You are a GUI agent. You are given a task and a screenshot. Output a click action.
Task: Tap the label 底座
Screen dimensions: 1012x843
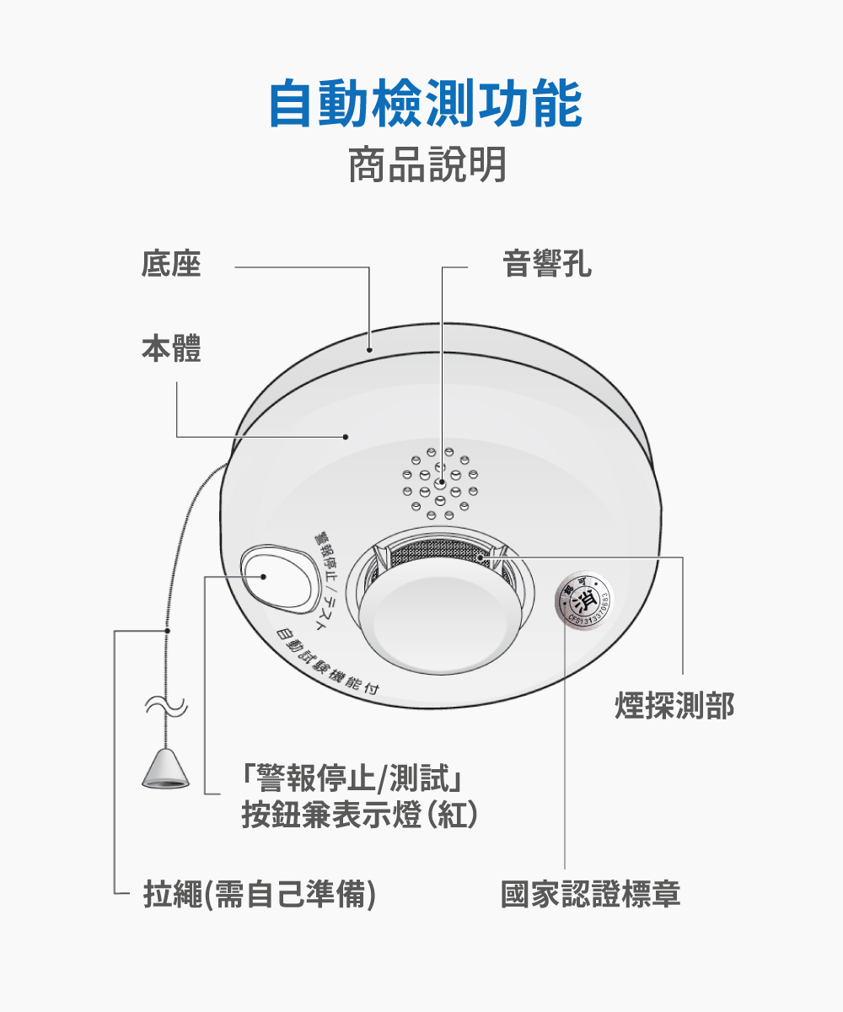pos(171,264)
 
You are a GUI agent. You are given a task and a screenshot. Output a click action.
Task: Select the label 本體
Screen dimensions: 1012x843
pos(171,348)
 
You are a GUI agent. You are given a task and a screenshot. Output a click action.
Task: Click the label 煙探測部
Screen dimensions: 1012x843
pos(674,706)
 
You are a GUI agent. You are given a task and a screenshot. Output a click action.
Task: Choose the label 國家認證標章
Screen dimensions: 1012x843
pos(590,894)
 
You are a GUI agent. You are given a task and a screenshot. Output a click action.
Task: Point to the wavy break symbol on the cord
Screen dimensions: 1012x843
pos(166,706)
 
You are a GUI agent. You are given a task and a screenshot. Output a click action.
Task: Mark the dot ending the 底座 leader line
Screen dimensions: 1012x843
pos(370,347)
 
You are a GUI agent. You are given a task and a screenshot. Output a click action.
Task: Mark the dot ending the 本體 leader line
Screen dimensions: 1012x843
pos(346,437)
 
